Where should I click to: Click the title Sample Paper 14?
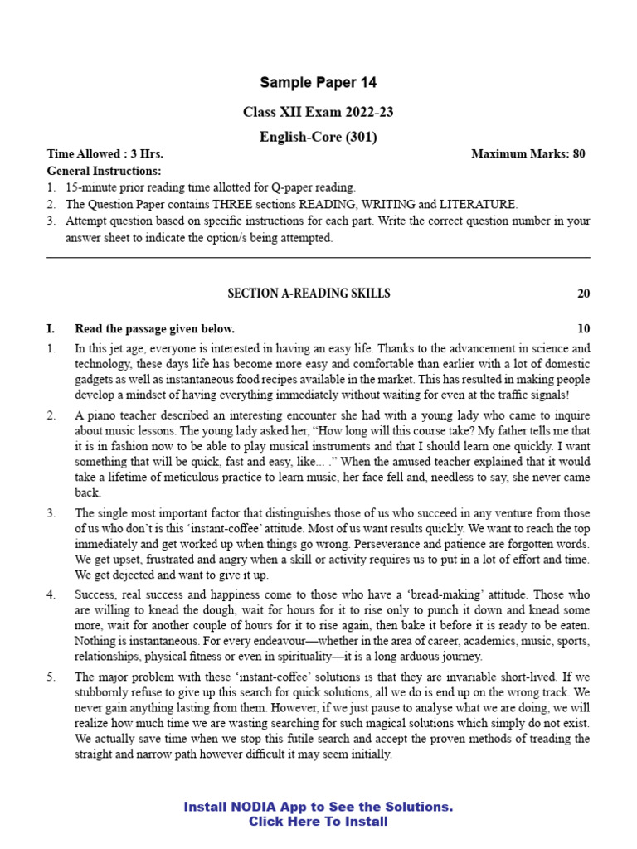click(x=318, y=82)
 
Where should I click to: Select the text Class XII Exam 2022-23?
click(x=318, y=112)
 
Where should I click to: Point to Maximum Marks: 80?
click(x=528, y=154)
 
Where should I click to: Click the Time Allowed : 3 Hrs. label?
click(x=105, y=154)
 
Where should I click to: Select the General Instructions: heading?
click(x=104, y=171)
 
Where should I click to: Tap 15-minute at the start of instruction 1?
click(x=91, y=187)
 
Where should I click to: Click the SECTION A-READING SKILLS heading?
click(x=309, y=294)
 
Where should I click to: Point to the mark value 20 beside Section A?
click(x=583, y=294)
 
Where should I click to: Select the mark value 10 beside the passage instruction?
click(x=583, y=328)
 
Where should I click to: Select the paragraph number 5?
click(x=51, y=677)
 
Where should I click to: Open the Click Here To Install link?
click(x=318, y=822)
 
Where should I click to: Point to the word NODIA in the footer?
click(x=260, y=807)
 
